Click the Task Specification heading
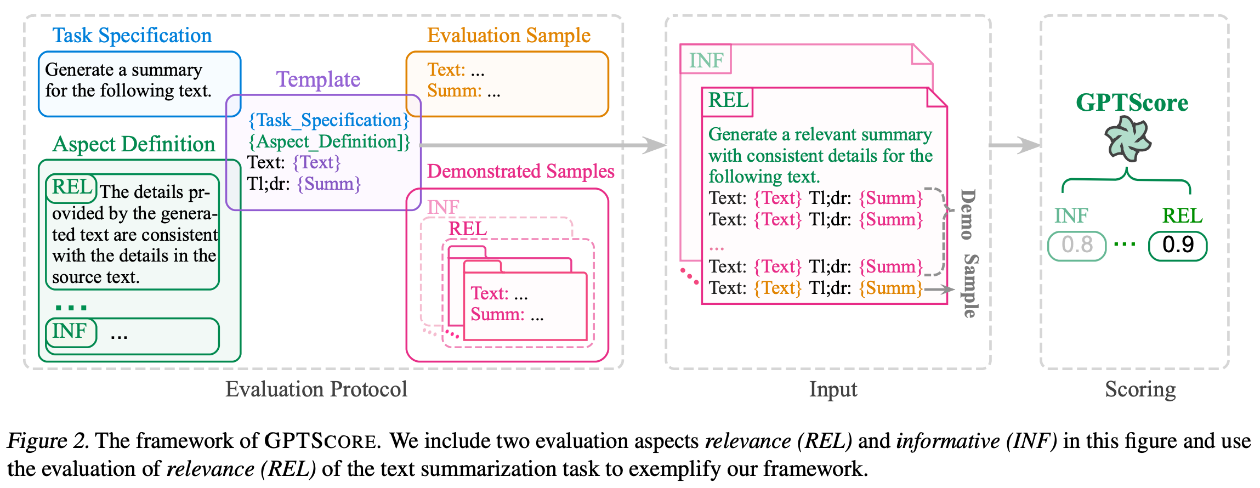tap(132, 36)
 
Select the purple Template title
tap(318, 80)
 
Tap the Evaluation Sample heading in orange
tap(509, 36)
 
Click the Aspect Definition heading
tap(134, 144)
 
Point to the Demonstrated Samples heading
tap(520, 171)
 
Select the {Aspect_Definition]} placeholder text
tap(329, 141)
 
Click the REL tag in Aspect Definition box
tap(72, 188)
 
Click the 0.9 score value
tap(1178, 245)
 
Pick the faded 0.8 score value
tap(1077, 245)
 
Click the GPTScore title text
tap(1132, 103)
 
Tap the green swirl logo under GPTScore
tap(1127, 140)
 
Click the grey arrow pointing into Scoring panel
tap(1014, 145)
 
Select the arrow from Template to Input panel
tap(543, 145)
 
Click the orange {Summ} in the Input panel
tap(890, 288)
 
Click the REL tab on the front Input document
tap(728, 101)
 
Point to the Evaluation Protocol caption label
tap(316, 389)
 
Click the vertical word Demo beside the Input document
tap(968, 214)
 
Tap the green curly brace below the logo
tap(1126, 181)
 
